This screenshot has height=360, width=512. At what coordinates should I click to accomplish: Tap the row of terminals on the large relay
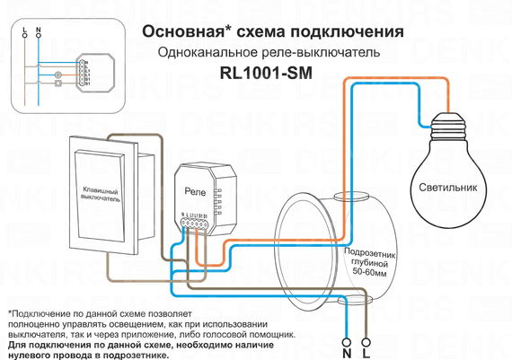point(195,224)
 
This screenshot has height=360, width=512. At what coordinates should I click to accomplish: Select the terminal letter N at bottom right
point(348,342)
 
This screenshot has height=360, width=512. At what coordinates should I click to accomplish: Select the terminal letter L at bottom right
point(364,342)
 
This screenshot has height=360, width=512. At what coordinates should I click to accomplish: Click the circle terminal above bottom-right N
point(348,327)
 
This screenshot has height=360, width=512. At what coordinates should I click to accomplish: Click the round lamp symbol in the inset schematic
point(58,75)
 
